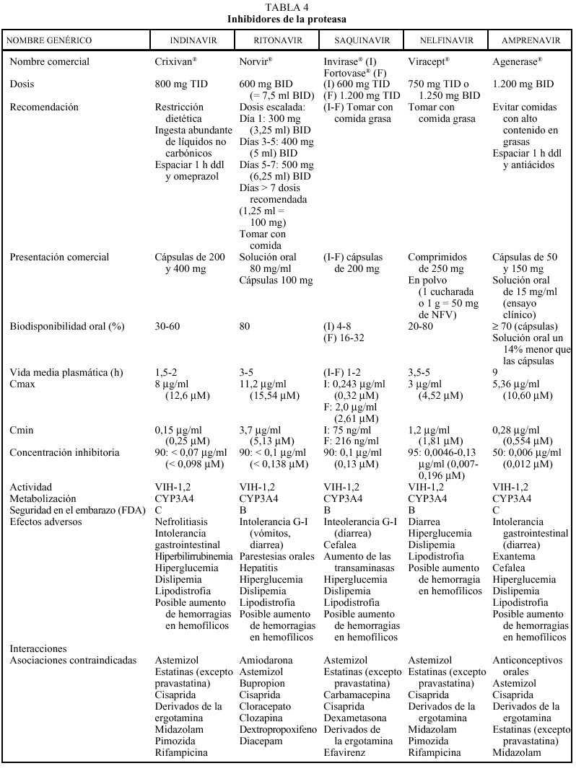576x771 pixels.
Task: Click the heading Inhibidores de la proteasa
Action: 287,18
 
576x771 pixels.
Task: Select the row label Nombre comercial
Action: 50,61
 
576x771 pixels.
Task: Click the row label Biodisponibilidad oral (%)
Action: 67,326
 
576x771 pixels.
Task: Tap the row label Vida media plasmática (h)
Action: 66,372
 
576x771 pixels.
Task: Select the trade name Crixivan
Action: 175,61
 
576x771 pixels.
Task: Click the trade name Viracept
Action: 428,61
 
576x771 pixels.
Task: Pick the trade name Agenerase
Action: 516,61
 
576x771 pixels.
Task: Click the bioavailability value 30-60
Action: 167,326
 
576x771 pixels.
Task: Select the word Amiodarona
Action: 265,660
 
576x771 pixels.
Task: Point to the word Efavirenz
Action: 344,752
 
